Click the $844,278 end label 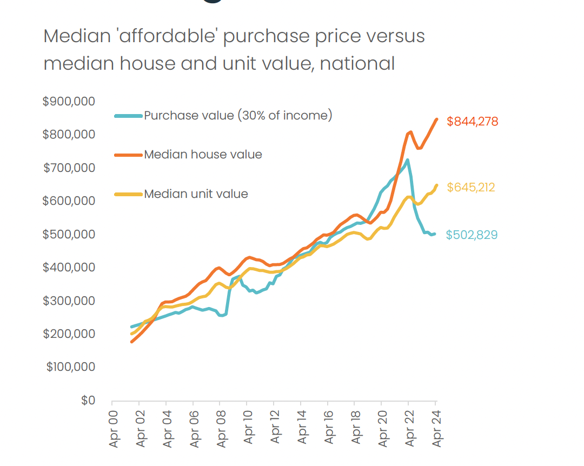coord(472,122)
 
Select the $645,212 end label coord(470,188)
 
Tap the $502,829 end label coord(472,235)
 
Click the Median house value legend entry coord(203,155)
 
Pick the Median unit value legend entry coord(196,194)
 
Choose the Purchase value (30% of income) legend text coord(238,115)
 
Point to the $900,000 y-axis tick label coord(69,102)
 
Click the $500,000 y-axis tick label coord(69,235)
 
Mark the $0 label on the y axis coord(88,401)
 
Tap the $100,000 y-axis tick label coord(70,367)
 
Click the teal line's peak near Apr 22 coord(407,159)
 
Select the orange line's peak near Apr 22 coord(410,131)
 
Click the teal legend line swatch coord(129,115)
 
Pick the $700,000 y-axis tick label coord(69,168)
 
